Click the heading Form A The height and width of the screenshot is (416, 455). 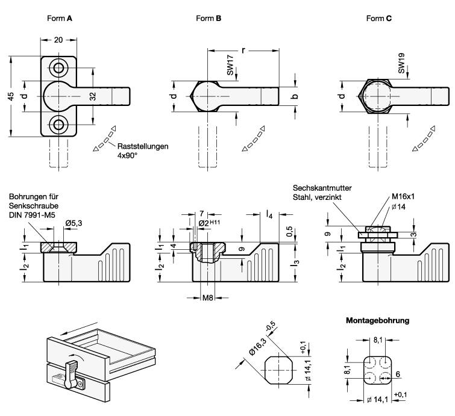point(60,19)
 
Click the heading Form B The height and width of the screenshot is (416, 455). point(209,19)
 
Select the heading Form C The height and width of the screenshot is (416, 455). point(379,19)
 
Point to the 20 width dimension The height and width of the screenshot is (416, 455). point(59,40)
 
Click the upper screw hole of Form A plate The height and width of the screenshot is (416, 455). point(59,67)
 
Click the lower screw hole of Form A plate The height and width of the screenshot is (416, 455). point(59,125)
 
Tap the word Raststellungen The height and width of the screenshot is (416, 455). point(143,146)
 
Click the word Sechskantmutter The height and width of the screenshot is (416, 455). point(322,188)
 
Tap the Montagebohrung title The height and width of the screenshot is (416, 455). point(377,321)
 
